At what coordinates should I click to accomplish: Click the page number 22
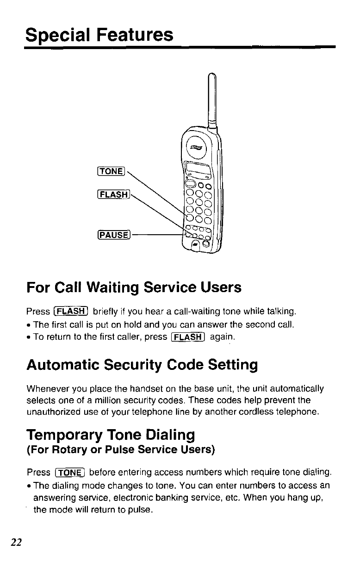point(17,543)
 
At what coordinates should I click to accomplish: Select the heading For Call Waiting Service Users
point(134,287)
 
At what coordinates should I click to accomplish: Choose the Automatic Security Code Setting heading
point(142,365)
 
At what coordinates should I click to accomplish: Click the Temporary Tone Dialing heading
point(111,435)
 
